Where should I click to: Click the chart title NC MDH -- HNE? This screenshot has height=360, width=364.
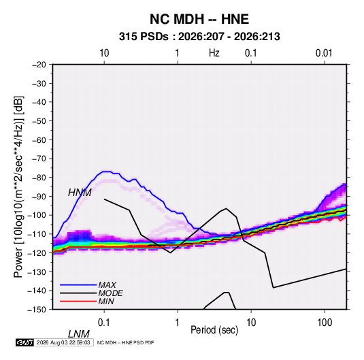(199, 19)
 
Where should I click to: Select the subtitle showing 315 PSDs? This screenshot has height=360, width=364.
(199, 37)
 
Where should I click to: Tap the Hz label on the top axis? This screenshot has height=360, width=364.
(214, 53)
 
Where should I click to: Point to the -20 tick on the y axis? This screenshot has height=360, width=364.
(39, 65)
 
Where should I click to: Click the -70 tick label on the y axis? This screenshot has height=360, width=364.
(39, 159)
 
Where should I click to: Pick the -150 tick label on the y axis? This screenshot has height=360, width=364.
(37, 310)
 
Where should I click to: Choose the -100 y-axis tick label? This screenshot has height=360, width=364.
(37, 215)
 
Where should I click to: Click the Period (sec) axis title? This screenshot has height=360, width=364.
(214, 330)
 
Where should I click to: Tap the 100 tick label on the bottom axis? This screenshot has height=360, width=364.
(324, 323)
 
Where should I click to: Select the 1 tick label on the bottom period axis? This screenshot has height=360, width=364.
(177, 323)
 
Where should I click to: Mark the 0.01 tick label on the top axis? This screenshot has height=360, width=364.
(324, 53)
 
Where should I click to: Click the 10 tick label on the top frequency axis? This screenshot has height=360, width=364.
(104, 53)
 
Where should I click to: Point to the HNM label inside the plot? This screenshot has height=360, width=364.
(80, 193)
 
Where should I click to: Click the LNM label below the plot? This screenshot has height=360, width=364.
(79, 334)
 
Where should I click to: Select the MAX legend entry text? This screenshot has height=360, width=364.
(107, 285)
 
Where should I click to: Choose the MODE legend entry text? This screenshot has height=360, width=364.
(110, 293)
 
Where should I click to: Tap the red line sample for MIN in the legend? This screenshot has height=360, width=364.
(78, 301)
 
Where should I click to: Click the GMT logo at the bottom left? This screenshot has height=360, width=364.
(24, 342)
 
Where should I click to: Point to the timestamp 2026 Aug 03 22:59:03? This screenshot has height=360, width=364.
(63, 342)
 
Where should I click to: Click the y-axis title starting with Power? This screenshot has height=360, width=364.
(18, 187)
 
